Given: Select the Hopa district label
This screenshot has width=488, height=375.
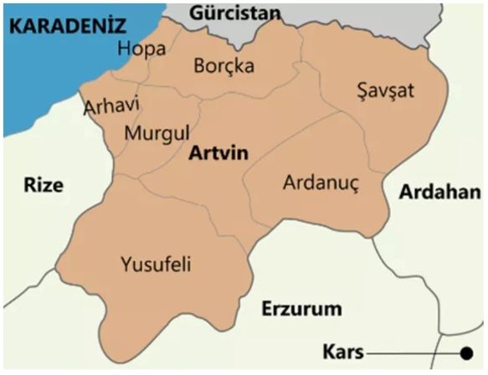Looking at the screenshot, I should [141, 49].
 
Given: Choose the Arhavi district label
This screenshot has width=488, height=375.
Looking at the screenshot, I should [111, 107].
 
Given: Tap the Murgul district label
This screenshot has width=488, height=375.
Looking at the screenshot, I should [157, 133].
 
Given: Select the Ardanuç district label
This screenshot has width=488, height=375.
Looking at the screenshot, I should [321, 182].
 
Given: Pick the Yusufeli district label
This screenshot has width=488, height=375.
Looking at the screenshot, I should [157, 265].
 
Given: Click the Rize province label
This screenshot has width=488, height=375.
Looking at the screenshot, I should [43, 185].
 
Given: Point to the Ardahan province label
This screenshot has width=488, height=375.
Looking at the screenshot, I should [439, 192].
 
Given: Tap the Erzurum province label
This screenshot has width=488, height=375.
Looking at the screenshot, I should [301, 309].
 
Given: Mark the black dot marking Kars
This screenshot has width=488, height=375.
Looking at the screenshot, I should [465, 352].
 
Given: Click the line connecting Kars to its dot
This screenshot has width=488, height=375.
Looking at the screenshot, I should [410, 353].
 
